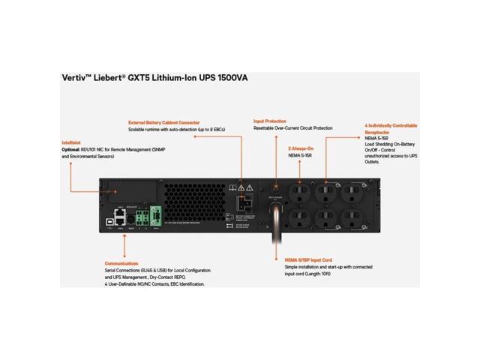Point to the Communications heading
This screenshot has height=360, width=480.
(x=121, y=263)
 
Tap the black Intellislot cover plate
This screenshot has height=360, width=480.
(x=131, y=191)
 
